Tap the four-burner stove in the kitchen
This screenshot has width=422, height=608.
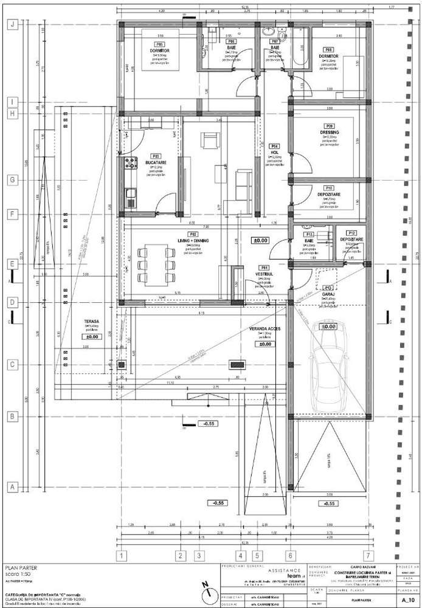[x=130, y=163]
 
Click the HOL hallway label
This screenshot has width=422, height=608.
[x=275, y=152]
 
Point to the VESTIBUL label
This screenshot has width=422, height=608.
[x=264, y=274]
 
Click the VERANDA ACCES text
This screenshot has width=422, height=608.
[x=263, y=329]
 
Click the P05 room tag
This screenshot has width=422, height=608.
[x=159, y=44]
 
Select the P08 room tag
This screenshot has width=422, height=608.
[x=328, y=49]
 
